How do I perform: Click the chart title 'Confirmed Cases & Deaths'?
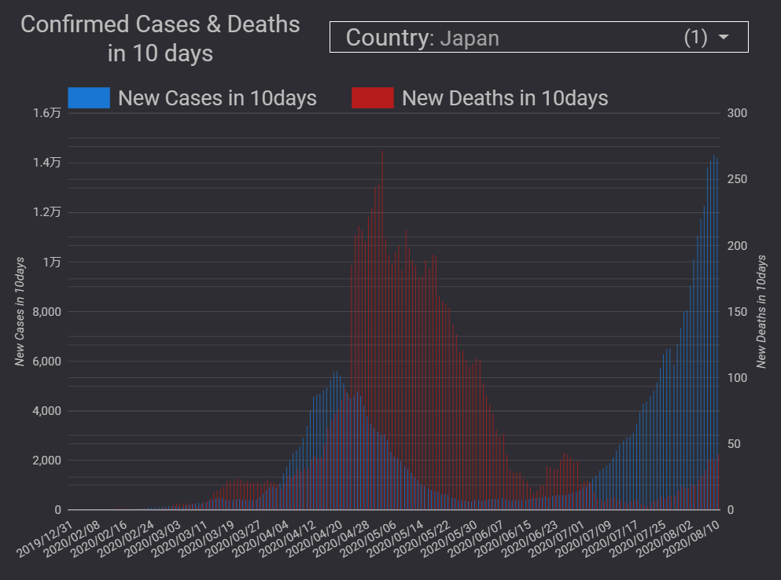[160, 24]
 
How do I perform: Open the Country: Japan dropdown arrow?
[724, 38]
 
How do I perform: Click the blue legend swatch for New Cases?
[88, 98]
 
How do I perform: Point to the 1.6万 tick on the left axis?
[47, 113]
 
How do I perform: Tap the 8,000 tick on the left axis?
[45, 312]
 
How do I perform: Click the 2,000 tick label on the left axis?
[45, 461]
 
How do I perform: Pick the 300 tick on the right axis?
[737, 113]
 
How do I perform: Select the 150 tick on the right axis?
[737, 312]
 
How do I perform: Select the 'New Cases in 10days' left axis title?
[20, 311]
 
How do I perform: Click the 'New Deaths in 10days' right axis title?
[761, 311]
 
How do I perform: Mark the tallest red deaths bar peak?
[382, 152]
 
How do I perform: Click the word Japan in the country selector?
[469, 38]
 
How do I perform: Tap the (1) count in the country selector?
[695, 38]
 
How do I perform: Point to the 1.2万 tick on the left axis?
[47, 212]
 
